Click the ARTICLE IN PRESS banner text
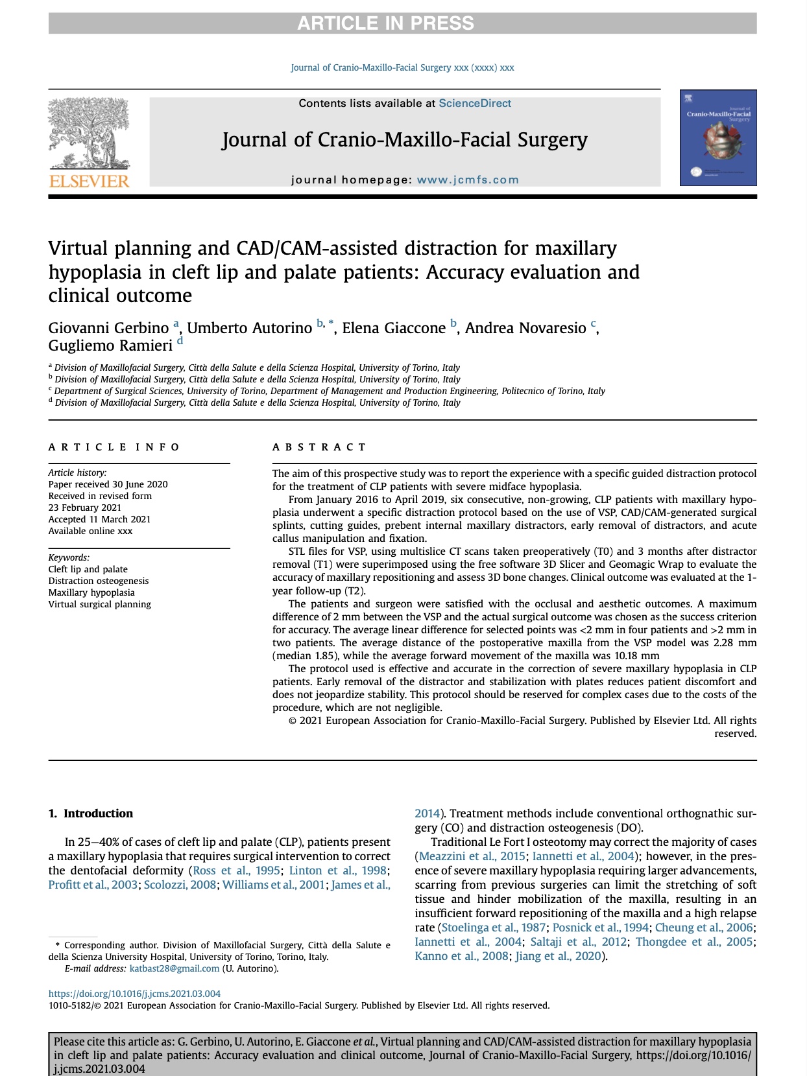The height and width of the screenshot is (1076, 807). (385, 23)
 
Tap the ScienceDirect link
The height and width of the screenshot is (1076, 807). (475, 104)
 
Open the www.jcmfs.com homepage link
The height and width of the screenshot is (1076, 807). (467, 180)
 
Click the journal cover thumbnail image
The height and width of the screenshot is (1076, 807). (718, 138)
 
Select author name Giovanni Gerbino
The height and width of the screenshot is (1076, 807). (108, 328)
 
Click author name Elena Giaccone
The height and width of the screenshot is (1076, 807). (394, 328)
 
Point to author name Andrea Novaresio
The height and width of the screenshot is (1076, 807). (525, 328)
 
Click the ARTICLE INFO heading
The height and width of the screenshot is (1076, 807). (114, 447)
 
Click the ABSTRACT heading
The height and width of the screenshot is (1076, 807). (320, 447)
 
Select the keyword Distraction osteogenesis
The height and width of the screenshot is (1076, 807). (99, 581)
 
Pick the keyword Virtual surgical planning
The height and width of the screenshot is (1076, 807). (100, 604)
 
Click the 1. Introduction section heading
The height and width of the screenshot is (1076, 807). (91, 813)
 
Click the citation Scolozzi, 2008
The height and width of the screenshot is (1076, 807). (180, 885)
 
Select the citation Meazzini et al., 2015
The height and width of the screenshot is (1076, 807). (472, 856)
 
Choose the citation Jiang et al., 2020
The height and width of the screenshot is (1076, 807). (559, 956)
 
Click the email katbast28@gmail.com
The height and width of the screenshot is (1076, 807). (175, 968)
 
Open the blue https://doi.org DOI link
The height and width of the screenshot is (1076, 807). (134, 994)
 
